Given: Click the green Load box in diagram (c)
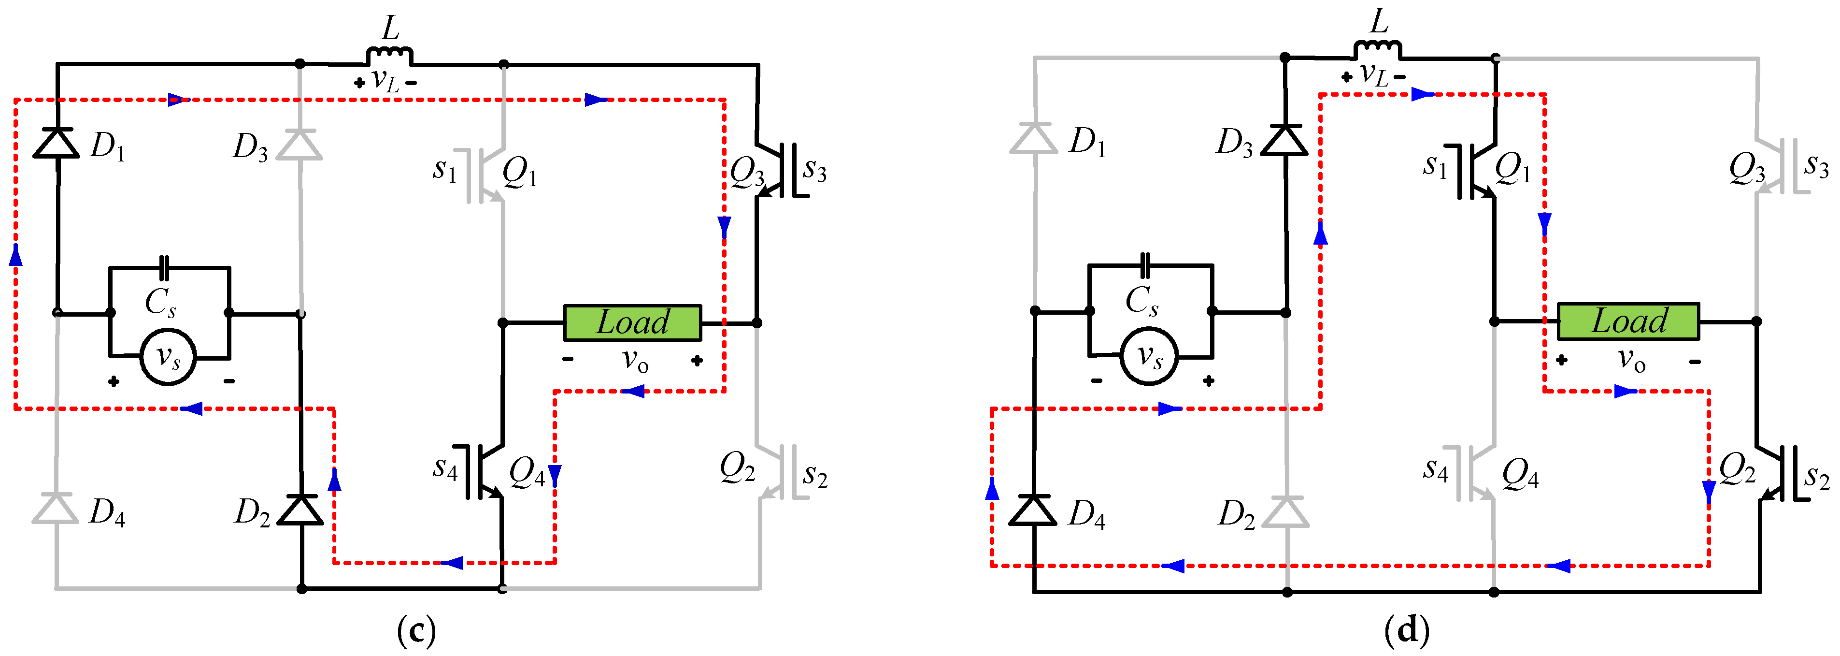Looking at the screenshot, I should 633,323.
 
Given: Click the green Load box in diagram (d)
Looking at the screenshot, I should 1628,321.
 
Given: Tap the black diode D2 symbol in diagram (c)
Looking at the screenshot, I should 300,509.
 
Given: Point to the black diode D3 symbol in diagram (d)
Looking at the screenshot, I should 1284,139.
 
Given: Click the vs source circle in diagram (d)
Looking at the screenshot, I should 1149,355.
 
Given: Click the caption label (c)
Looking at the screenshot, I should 416,630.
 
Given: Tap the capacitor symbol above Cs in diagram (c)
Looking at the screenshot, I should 165,268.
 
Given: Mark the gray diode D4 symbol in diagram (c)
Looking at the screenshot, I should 56,508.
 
